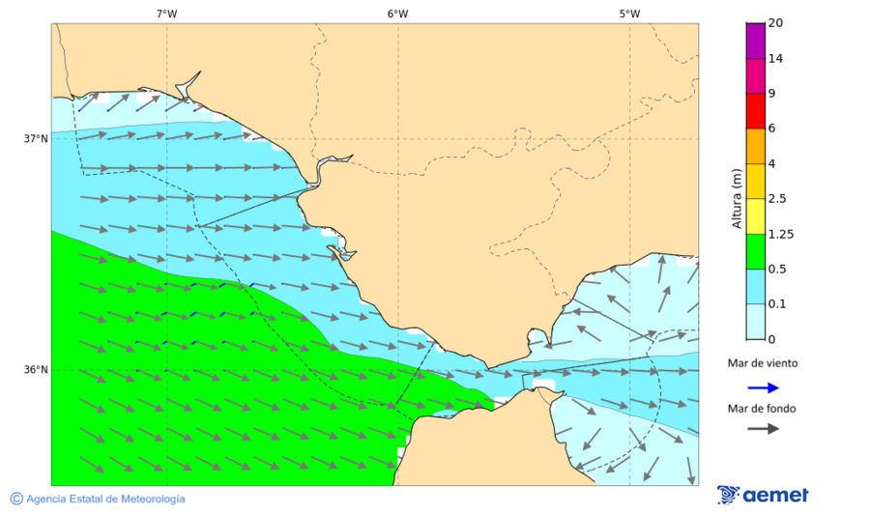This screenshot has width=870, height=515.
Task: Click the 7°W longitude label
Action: point(166,14)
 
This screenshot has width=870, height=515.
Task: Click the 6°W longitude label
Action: point(397,14)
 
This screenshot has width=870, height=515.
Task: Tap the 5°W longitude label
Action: point(629,14)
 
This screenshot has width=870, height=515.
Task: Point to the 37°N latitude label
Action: point(36,138)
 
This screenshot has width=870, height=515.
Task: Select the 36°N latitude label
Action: point(36,369)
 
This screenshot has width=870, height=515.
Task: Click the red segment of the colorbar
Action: point(755,110)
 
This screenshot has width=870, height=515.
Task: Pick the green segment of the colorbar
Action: point(755,250)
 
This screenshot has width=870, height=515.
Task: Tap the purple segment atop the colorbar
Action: point(755,40)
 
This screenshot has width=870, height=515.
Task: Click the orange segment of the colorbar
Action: point(755,145)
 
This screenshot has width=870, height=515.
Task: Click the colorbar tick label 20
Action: point(775,23)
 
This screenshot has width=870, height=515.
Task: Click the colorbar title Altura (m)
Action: point(737,199)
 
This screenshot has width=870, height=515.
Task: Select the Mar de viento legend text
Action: point(763,363)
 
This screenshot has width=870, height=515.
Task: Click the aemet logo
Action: point(763,495)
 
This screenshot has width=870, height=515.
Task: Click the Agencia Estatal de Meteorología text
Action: point(104,499)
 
